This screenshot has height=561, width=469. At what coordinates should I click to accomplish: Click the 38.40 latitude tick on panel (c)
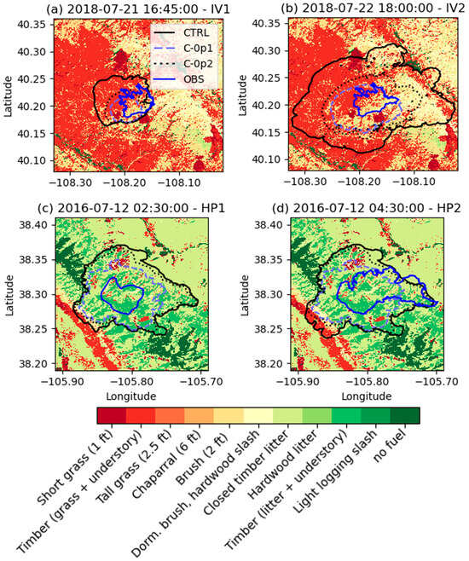(37, 224)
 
